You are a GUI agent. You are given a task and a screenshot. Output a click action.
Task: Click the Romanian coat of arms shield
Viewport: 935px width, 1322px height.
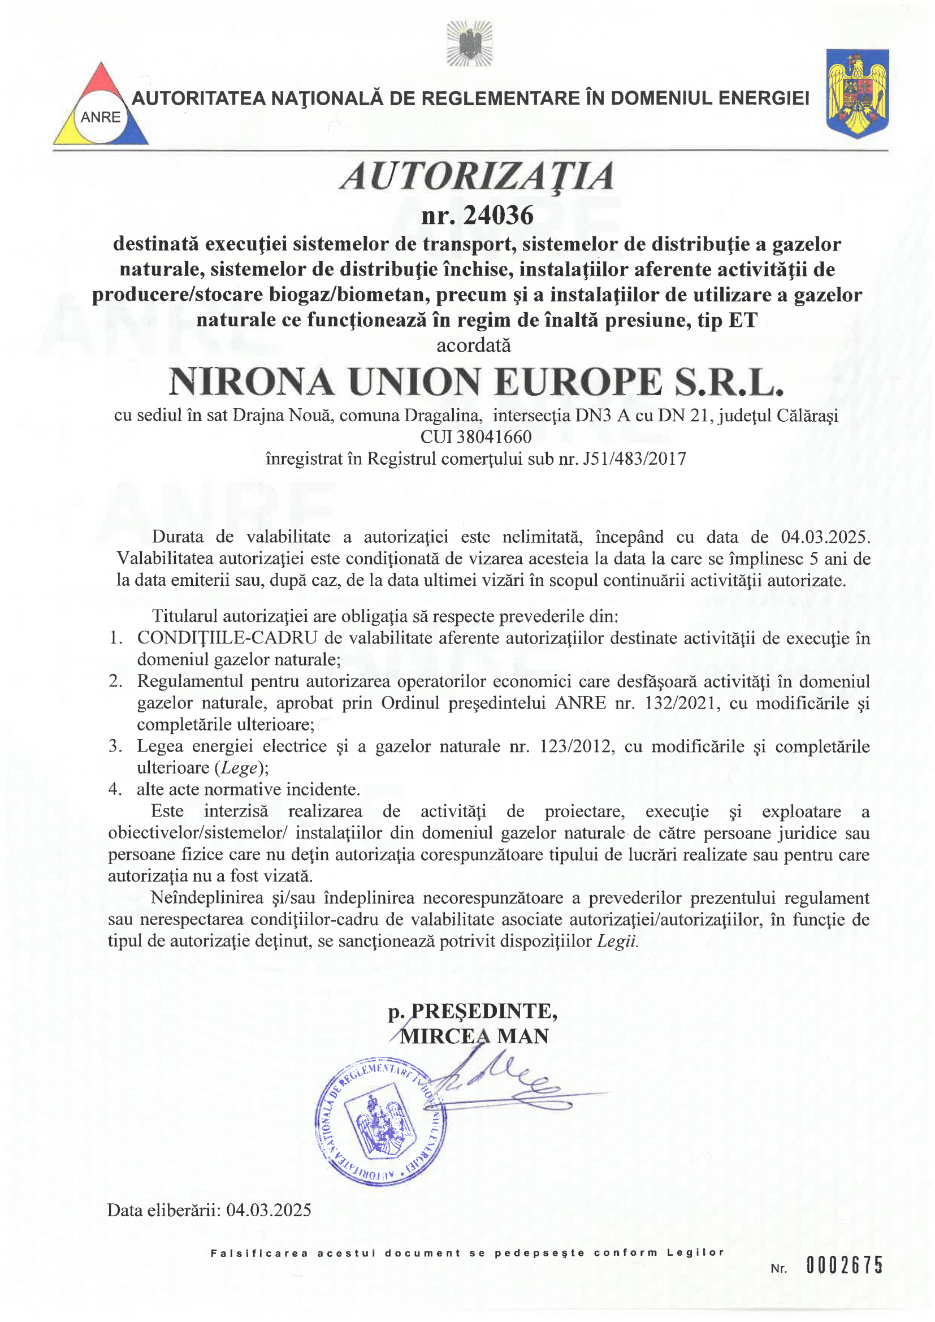tap(858, 93)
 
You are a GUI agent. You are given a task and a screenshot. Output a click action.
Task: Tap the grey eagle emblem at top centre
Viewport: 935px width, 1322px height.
tap(469, 43)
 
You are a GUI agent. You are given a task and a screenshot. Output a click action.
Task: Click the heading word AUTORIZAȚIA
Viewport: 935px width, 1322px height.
tap(477, 176)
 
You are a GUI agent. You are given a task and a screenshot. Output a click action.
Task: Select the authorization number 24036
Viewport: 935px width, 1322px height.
tap(498, 215)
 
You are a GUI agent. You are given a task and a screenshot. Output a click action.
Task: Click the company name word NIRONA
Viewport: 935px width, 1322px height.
tap(251, 382)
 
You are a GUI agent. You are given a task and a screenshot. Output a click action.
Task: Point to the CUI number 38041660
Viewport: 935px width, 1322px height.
tap(494, 437)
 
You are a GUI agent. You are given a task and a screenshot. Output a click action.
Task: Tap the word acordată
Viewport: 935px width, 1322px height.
tap(473, 345)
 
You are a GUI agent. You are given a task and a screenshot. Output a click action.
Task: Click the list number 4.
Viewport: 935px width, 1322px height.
tap(115, 789)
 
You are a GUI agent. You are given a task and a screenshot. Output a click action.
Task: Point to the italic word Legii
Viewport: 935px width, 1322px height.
tap(617, 941)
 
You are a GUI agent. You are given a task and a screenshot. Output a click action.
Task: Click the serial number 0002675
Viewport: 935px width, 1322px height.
tap(845, 1265)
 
